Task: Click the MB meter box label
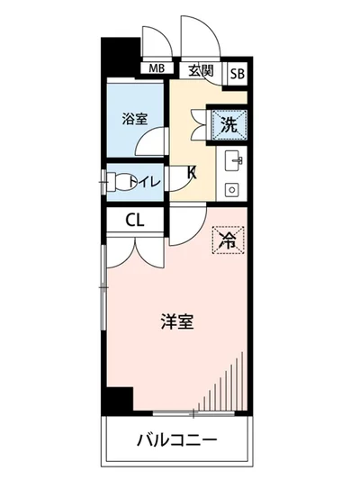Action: coord(157,68)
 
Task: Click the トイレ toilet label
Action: coord(147,181)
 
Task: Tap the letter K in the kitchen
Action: coord(192,171)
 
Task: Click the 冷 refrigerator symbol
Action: coord(228,240)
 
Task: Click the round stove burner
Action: coord(231,191)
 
